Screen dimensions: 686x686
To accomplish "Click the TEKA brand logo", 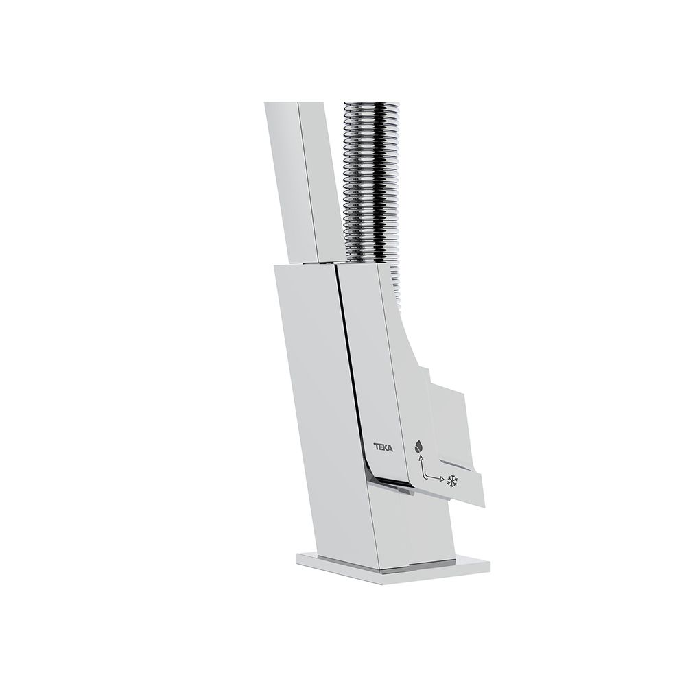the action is [383, 447].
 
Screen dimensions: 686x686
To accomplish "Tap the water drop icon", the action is [418, 447].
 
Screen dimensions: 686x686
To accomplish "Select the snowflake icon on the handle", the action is [451, 482].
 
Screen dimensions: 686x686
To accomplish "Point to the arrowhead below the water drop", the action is [421, 458].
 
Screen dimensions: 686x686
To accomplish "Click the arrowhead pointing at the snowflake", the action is [441, 479].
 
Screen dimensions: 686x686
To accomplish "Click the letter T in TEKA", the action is [375, 447].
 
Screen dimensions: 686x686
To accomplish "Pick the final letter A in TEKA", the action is [390, 448].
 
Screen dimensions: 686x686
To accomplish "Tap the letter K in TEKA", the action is [385, 448].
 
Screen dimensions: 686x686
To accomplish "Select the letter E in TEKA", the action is [380, 447].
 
